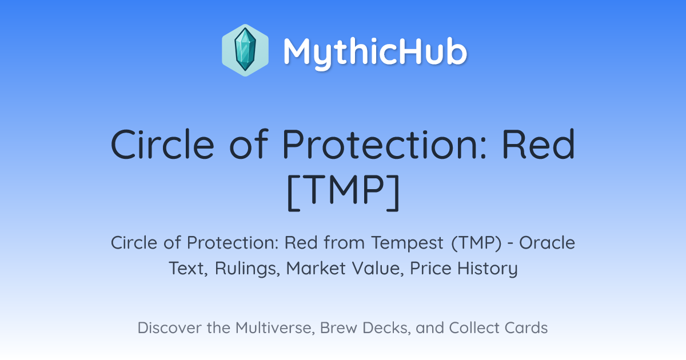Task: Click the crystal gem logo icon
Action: tap(245, 50)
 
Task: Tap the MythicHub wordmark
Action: tap(375, 53)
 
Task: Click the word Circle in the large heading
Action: tap(162, 144)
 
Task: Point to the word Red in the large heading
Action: tap(539, 144)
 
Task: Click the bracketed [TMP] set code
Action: tap(344, 192)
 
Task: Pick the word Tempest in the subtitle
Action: tap(407, 243)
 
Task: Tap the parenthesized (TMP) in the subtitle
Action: tap(477, 243)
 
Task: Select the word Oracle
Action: tap(547, 243)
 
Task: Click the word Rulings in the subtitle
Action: tap(248, 268)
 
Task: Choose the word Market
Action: tap(316, 268)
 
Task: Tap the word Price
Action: tap(430, 268)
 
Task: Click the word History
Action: tap(488, 269)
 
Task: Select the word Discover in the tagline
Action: tap(169, 327)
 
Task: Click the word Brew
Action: tap(338, 327)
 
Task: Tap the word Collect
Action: tap(474, 327)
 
